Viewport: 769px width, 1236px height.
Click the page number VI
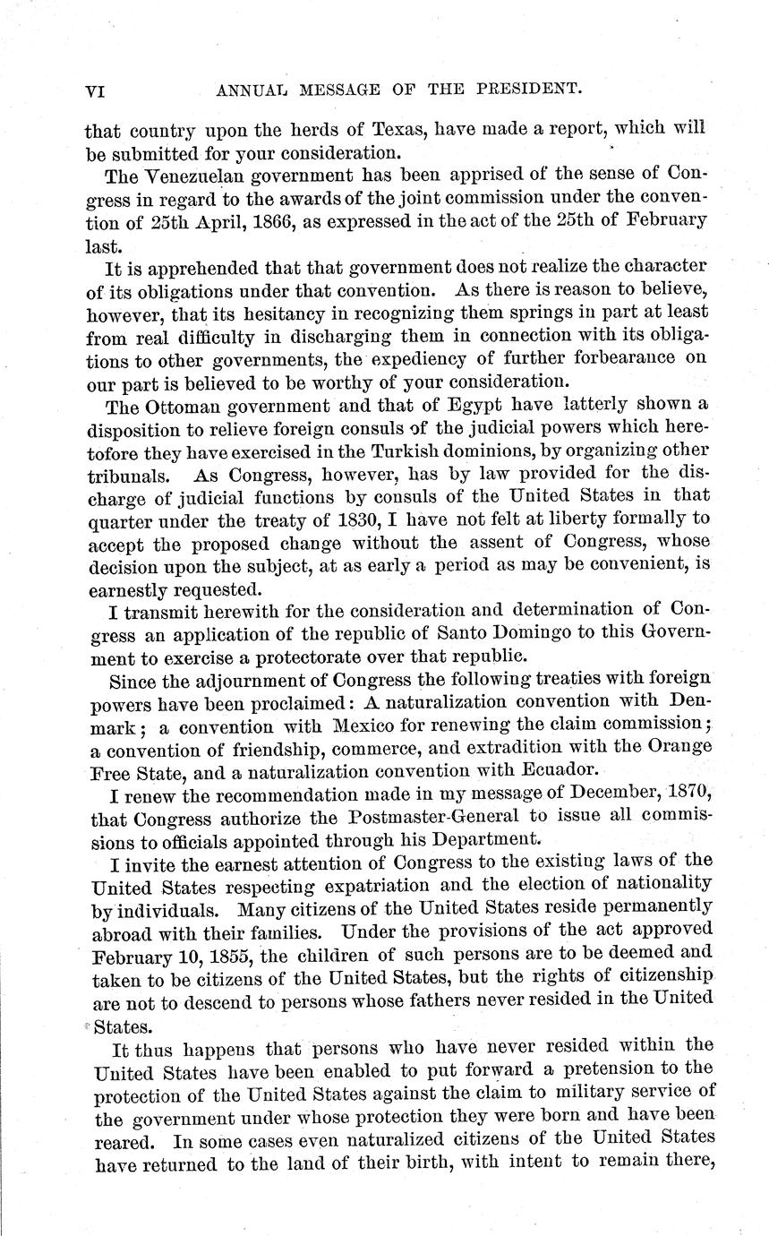(97, 89)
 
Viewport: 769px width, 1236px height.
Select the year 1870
(685, 793)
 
